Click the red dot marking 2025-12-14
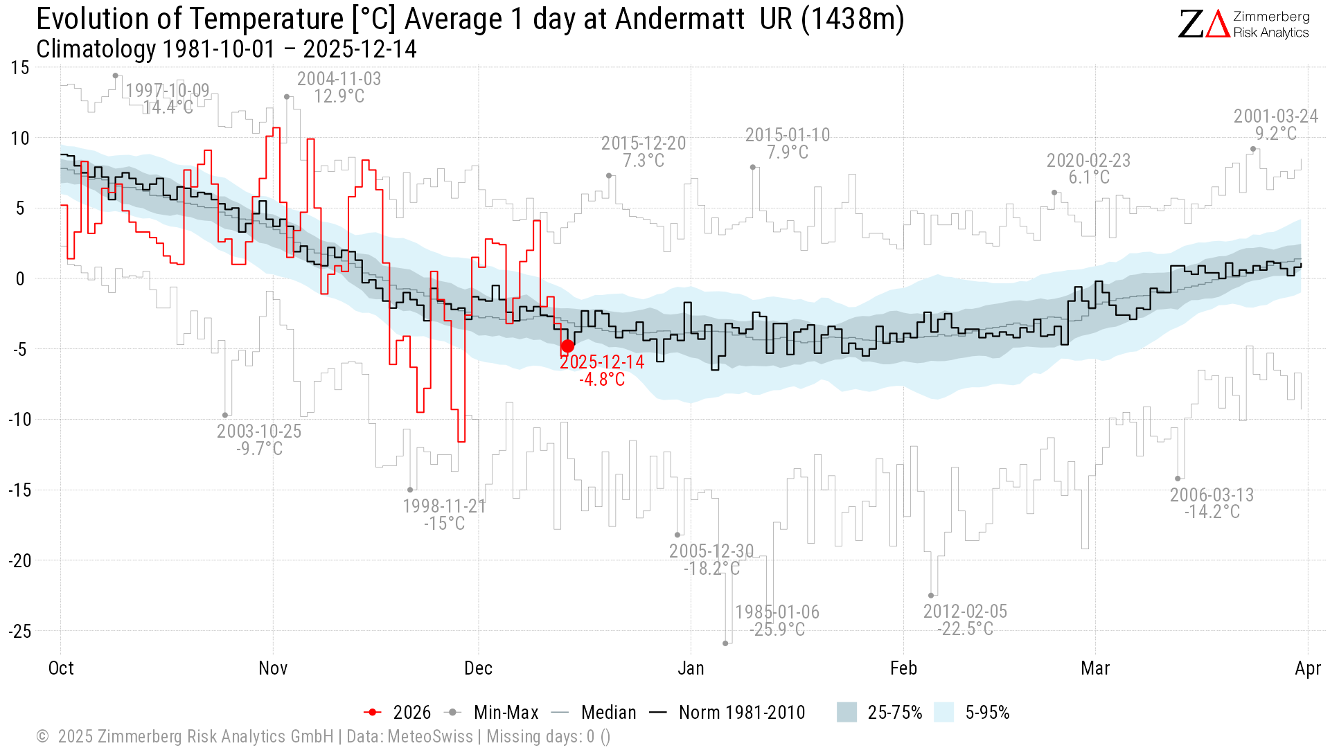pos(567,346)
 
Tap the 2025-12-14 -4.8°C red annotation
pos(602,371)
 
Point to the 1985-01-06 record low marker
pos(725,643)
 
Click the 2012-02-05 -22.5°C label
pos(965,620)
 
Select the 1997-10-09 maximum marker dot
pos(116,75)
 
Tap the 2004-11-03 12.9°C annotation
pos(339,87)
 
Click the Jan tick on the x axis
pos(691,668)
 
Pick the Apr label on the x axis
pos(1307,668)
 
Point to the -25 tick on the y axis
pos(20,631)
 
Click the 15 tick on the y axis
pos(20,68)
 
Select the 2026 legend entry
pos(398,713)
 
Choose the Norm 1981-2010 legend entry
pos(727,713)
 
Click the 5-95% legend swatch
pos(944,713)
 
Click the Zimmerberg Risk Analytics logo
pos(1243,24)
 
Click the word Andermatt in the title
pos(680,19)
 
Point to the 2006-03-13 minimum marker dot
pos(1178,479)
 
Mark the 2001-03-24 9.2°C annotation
pos(1275,125)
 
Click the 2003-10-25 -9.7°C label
pos(259,440)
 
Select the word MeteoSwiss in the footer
pos(430,736)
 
